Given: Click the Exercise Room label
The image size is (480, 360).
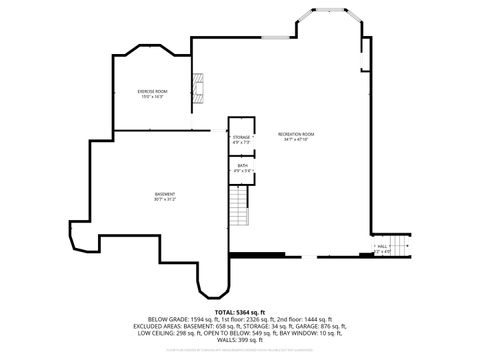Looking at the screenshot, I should [152, 91].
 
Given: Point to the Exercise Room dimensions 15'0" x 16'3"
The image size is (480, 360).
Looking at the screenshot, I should [152, 97].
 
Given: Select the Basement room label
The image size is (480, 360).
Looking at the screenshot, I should [165, 193].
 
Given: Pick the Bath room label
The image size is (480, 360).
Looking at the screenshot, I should [241, 166].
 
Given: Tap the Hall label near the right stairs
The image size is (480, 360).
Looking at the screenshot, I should [382, 245].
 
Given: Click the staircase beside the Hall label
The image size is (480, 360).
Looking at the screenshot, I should [399, 245].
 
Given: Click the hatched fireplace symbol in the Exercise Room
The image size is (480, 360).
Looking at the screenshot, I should [198, 89].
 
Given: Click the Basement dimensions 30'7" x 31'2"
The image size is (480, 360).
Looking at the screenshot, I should [165, 199].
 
